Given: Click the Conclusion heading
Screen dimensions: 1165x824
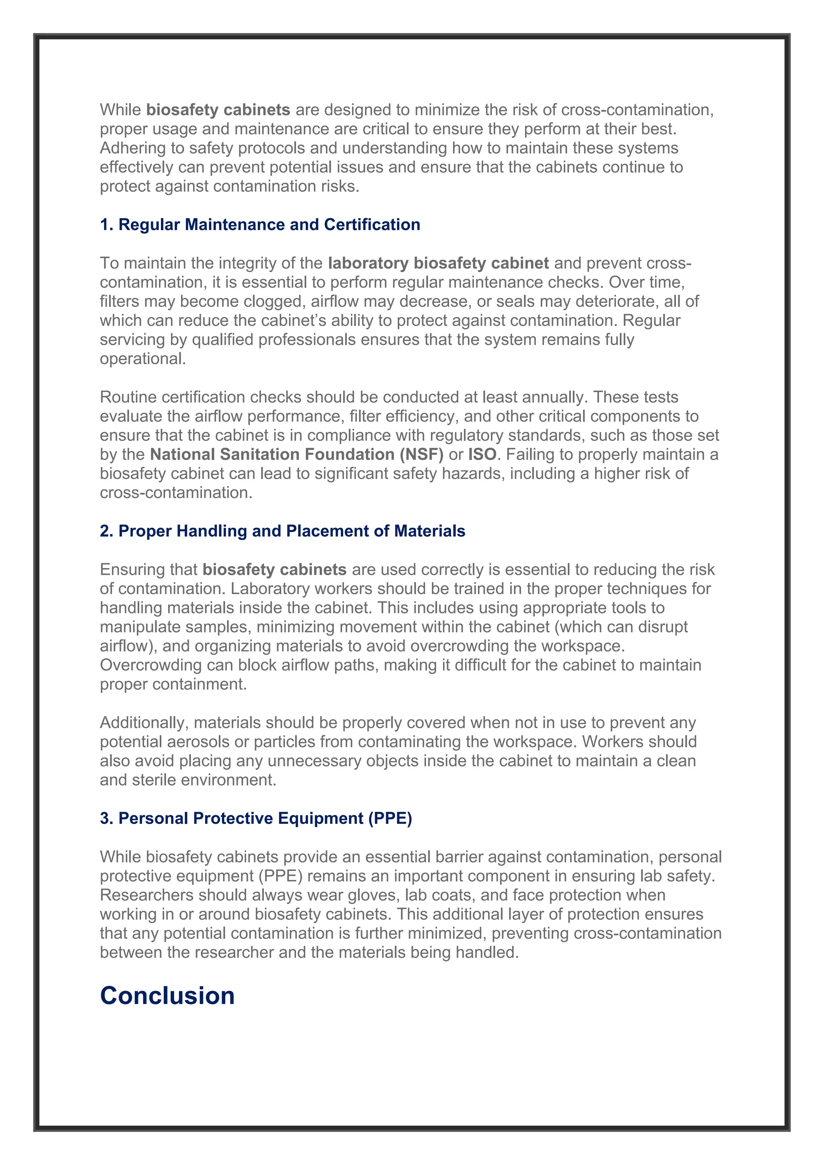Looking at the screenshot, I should (167, 996).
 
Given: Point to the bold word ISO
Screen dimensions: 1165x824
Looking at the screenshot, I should (482, 454).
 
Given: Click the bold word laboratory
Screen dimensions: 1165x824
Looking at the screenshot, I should (369, 263).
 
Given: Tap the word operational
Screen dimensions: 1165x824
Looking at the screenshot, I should (142, 359).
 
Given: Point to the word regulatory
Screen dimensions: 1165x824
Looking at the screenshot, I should (467, 435).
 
